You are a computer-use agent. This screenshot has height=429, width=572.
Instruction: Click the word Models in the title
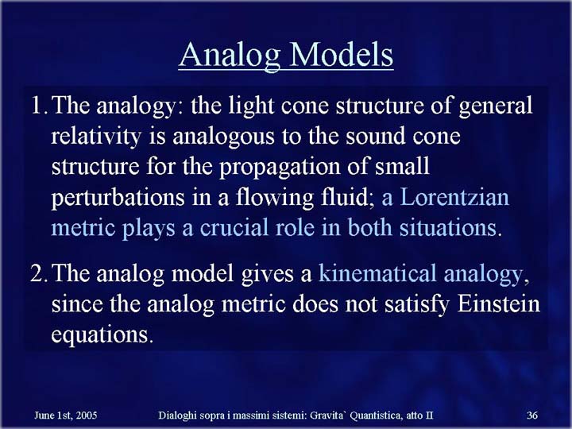[x=342, y=55]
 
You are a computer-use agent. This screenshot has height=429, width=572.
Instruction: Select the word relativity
[x=96, y=137]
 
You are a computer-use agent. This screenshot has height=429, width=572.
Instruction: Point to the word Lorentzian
[x=454, y=197]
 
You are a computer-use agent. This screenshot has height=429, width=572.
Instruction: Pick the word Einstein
[x=498, y=303]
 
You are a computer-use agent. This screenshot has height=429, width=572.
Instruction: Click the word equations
[x=100, y=335]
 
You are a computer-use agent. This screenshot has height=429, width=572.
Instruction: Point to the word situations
[x=448, y=228]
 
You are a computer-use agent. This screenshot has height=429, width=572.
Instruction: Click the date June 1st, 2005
[x=66, y=415]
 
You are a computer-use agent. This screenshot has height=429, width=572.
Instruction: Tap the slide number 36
[x=532, y=415]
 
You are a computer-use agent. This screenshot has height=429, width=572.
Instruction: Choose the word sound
[x=375, y=137]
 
